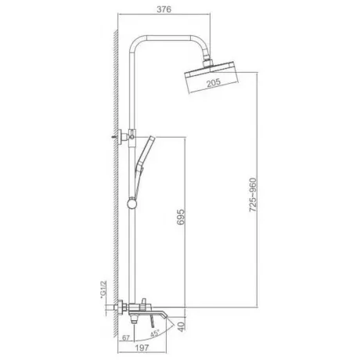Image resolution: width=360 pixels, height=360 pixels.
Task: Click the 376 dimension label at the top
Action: point(164,9)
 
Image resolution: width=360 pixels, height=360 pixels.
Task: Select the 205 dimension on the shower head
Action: point(214,83)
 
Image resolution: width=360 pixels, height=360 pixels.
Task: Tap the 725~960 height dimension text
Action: point(253,195)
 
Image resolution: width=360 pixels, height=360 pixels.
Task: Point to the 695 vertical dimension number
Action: point(181,217)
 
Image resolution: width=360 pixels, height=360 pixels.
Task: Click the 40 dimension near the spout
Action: point(182,326)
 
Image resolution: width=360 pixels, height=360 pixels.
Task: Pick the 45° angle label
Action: point(155,333)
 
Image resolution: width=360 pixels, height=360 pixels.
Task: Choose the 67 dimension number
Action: point(126,338)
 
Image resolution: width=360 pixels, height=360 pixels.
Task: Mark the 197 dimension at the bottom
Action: point(142,347)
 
